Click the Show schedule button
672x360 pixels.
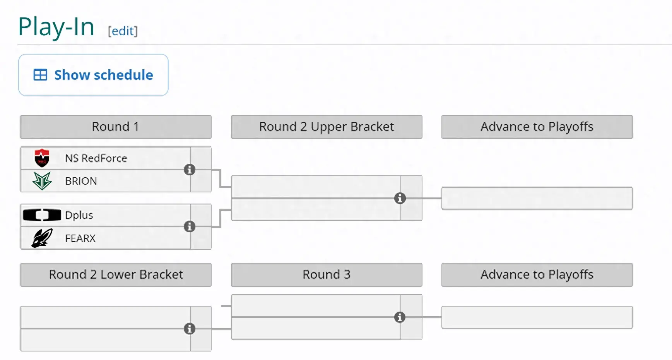click(x=93, y=75)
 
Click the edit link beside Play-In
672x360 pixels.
click(x=123, y=31)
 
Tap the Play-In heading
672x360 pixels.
click(x=56, y=27)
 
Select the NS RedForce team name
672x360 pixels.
click(x=96, y=158)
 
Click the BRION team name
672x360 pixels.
click(x=81, y=181)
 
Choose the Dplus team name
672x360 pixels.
click(x=79, y=215)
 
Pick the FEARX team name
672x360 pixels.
click(x=80, y=238)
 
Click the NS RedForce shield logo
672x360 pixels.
click(x=42, y=158)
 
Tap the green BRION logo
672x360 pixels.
click(x=42, y=181)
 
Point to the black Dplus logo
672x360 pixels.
click(x=42, y=215)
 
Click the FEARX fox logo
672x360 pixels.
click(x=42, y=238)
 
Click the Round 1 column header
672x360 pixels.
click(x=116, y=127)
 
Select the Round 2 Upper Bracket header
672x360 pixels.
click(x=327, y=127)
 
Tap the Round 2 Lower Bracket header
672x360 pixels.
click(x=116, y=274)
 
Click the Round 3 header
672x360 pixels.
click(x=327, y=274)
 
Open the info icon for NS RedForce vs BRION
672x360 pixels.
click(x=189, y=170)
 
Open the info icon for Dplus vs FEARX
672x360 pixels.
click(x=189, y=226)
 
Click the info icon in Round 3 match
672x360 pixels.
click(x=400, y=317)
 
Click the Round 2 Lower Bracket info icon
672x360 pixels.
click(x=189, y=329)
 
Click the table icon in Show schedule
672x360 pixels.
click(x=40, y=75)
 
